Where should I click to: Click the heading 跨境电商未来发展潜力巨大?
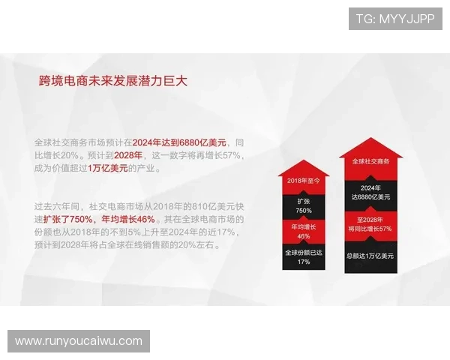(x=112, y=80)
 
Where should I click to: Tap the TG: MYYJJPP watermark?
(x=395, y=19)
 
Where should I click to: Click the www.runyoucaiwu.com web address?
(x=79, y=341)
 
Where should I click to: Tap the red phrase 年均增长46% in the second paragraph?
(x=128, y=219)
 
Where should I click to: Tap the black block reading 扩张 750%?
(x=303, y=205)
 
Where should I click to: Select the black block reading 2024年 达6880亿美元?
(x=370, y=192)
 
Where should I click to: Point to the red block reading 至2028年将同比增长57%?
(x=370, y=223)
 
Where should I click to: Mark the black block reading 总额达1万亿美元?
(x=370, y=256)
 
